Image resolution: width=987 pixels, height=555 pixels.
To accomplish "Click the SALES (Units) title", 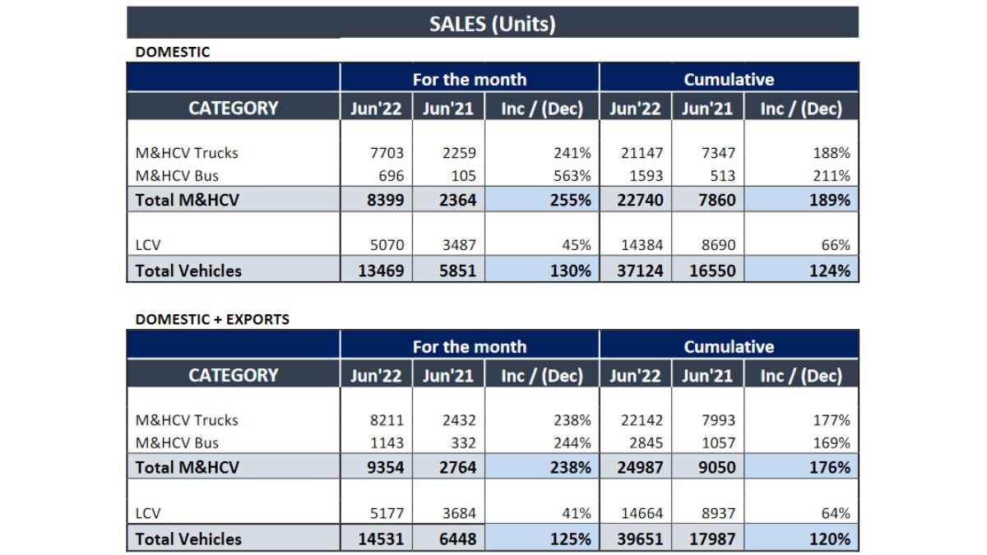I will pos(492,24).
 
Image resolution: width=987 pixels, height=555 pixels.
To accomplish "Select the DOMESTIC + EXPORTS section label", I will pos(212,319).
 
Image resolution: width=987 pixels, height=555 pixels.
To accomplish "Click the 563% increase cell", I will pos(572,176).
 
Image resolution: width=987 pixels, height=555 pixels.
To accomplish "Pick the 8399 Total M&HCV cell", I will pos(382,199).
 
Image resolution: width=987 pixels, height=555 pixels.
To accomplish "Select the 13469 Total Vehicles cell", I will pos(381,270).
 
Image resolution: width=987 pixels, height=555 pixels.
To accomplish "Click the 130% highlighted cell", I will pos(569,270).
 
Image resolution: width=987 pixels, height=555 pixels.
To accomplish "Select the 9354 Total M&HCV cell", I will pos(382,467).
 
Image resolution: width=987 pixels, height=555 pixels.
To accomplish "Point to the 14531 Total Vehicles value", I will pos(381,539).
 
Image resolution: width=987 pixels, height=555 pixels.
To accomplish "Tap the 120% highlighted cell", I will pos(828,539).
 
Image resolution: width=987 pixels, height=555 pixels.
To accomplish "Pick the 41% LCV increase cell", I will pos(576,514).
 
